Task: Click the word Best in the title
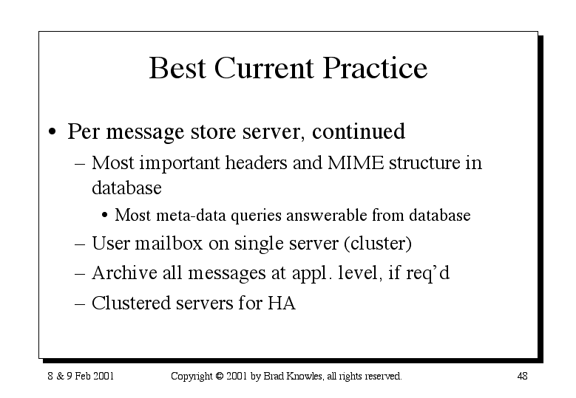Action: tap(177, 68)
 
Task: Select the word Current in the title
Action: tap(264, 68)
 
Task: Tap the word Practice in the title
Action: tap(375, 68)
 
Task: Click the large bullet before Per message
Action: tap(52, 131)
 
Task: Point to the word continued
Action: tap(359, 131)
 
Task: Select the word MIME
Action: tap(356, 162)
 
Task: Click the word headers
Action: tap(256, 162)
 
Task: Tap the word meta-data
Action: tap(191, 216)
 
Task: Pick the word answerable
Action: tap(327, 215)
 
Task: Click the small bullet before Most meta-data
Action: tap(105, 216)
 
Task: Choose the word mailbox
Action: tap(169, 243)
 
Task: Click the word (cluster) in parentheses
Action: tap(378, 244)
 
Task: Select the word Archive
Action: tap(124, 273)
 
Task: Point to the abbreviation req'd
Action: tap(428, 274)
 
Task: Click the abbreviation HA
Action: tap(282, 303)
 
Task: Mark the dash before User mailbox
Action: tap(80, 244)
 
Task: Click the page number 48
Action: tap(522, 376)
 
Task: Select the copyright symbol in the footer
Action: tap(220, 376)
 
